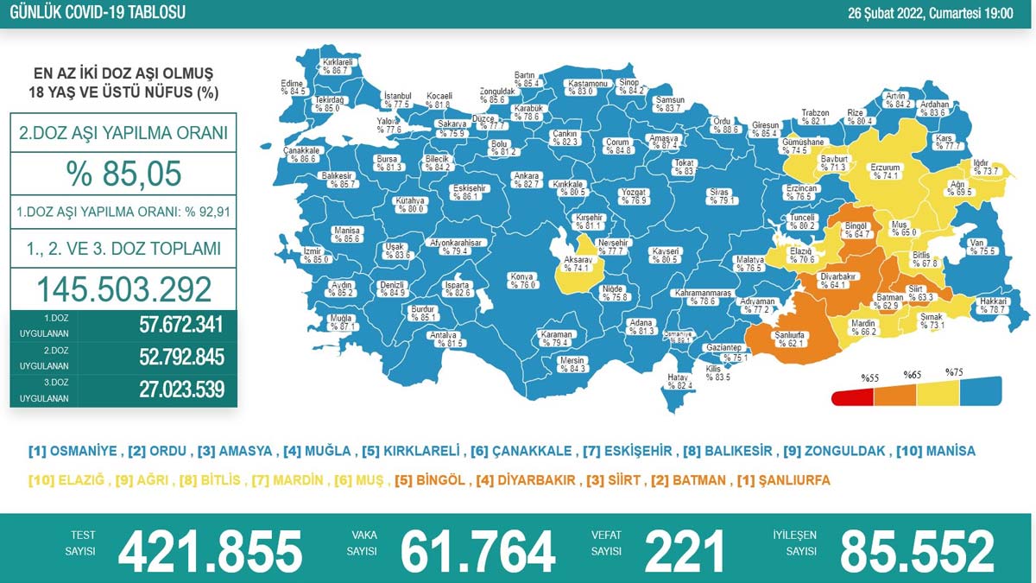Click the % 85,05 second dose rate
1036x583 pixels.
(123, 174)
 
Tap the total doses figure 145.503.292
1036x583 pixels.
(123, 288)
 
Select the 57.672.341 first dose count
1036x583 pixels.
(181, 326)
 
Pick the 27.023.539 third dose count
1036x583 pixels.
(181, 389)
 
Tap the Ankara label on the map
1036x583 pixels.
(527, 180)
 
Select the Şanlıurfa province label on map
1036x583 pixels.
(767, 338)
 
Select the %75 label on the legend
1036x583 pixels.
(953, 372)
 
